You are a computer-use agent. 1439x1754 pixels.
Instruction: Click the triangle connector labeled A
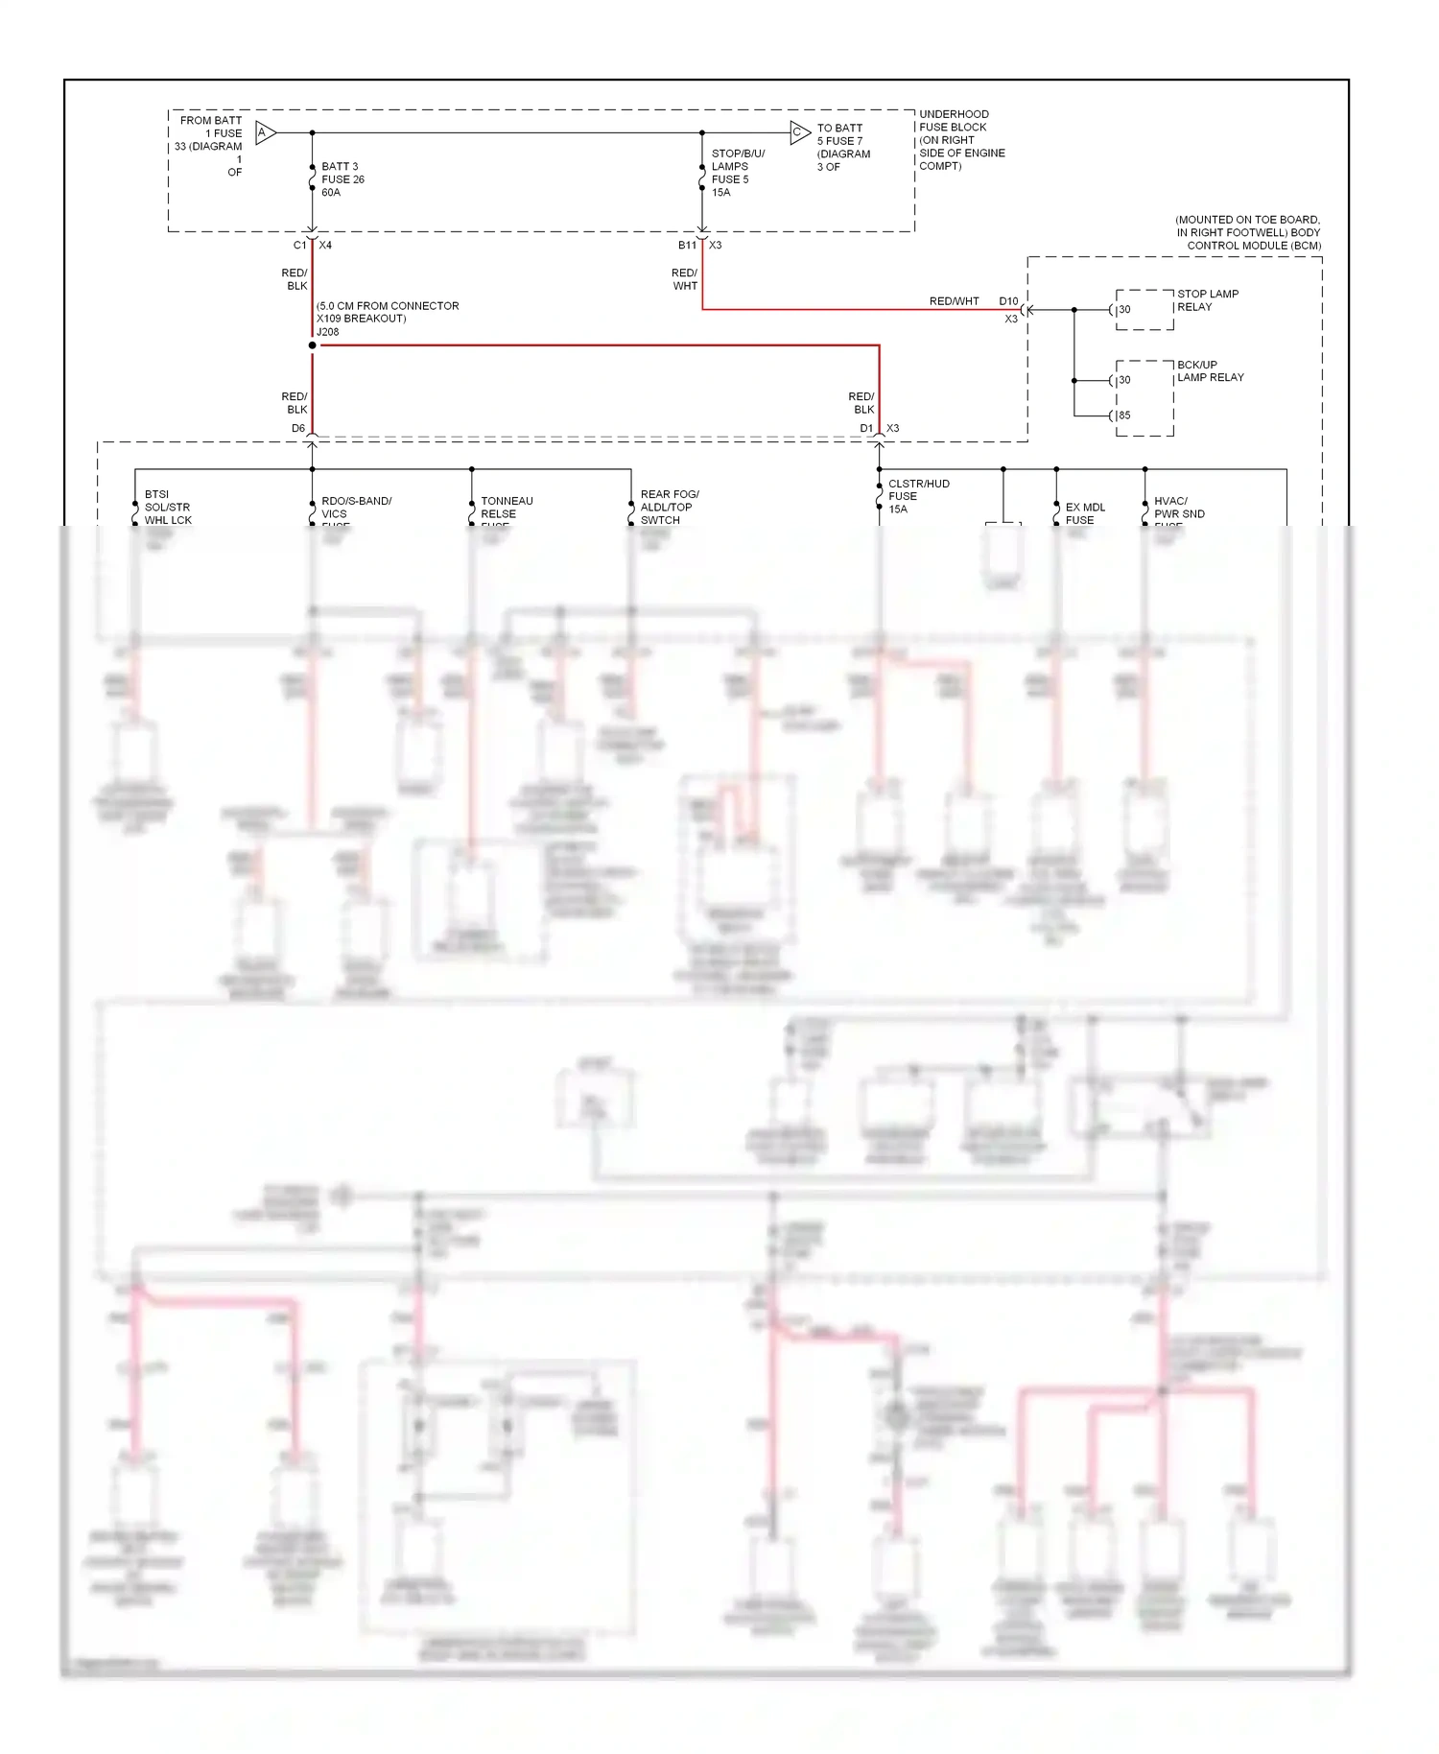coord(265,132)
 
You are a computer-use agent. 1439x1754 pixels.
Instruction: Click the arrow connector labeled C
coord(799,132)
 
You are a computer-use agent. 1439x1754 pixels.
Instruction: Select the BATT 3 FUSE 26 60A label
coord(342,179)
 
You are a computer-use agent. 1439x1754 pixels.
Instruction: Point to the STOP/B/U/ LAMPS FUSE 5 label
coord(737,173)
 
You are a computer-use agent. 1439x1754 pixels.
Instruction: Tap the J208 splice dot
coord(313,345)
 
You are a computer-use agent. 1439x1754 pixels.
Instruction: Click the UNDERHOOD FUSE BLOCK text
coord(954,121)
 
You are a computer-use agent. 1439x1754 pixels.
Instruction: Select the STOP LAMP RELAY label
coord(1207,300)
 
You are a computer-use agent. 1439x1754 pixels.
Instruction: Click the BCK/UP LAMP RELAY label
coord(1210,371)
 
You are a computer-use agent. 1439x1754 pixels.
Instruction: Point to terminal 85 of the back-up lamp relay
coord(1123,415)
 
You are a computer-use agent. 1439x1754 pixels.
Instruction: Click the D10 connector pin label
coord(1008,301)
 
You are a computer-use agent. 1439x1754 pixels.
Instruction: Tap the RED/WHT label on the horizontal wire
coord(954,301)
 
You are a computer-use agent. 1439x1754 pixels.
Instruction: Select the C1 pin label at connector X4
coord(299,246)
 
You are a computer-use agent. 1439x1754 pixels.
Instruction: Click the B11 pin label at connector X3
coord(687,246)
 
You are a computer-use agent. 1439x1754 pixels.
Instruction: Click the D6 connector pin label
coord(298,429)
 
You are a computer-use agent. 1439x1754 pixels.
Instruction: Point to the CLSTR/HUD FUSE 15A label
coord(917,496)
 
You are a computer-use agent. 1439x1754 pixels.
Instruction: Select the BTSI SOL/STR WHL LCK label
coord(168,508)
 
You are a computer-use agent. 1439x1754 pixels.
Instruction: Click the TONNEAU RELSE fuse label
coord(507,508)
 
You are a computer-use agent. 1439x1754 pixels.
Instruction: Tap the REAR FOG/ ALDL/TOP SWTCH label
coord(669,508)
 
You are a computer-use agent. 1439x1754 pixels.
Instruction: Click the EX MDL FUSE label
coord(1084,513)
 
